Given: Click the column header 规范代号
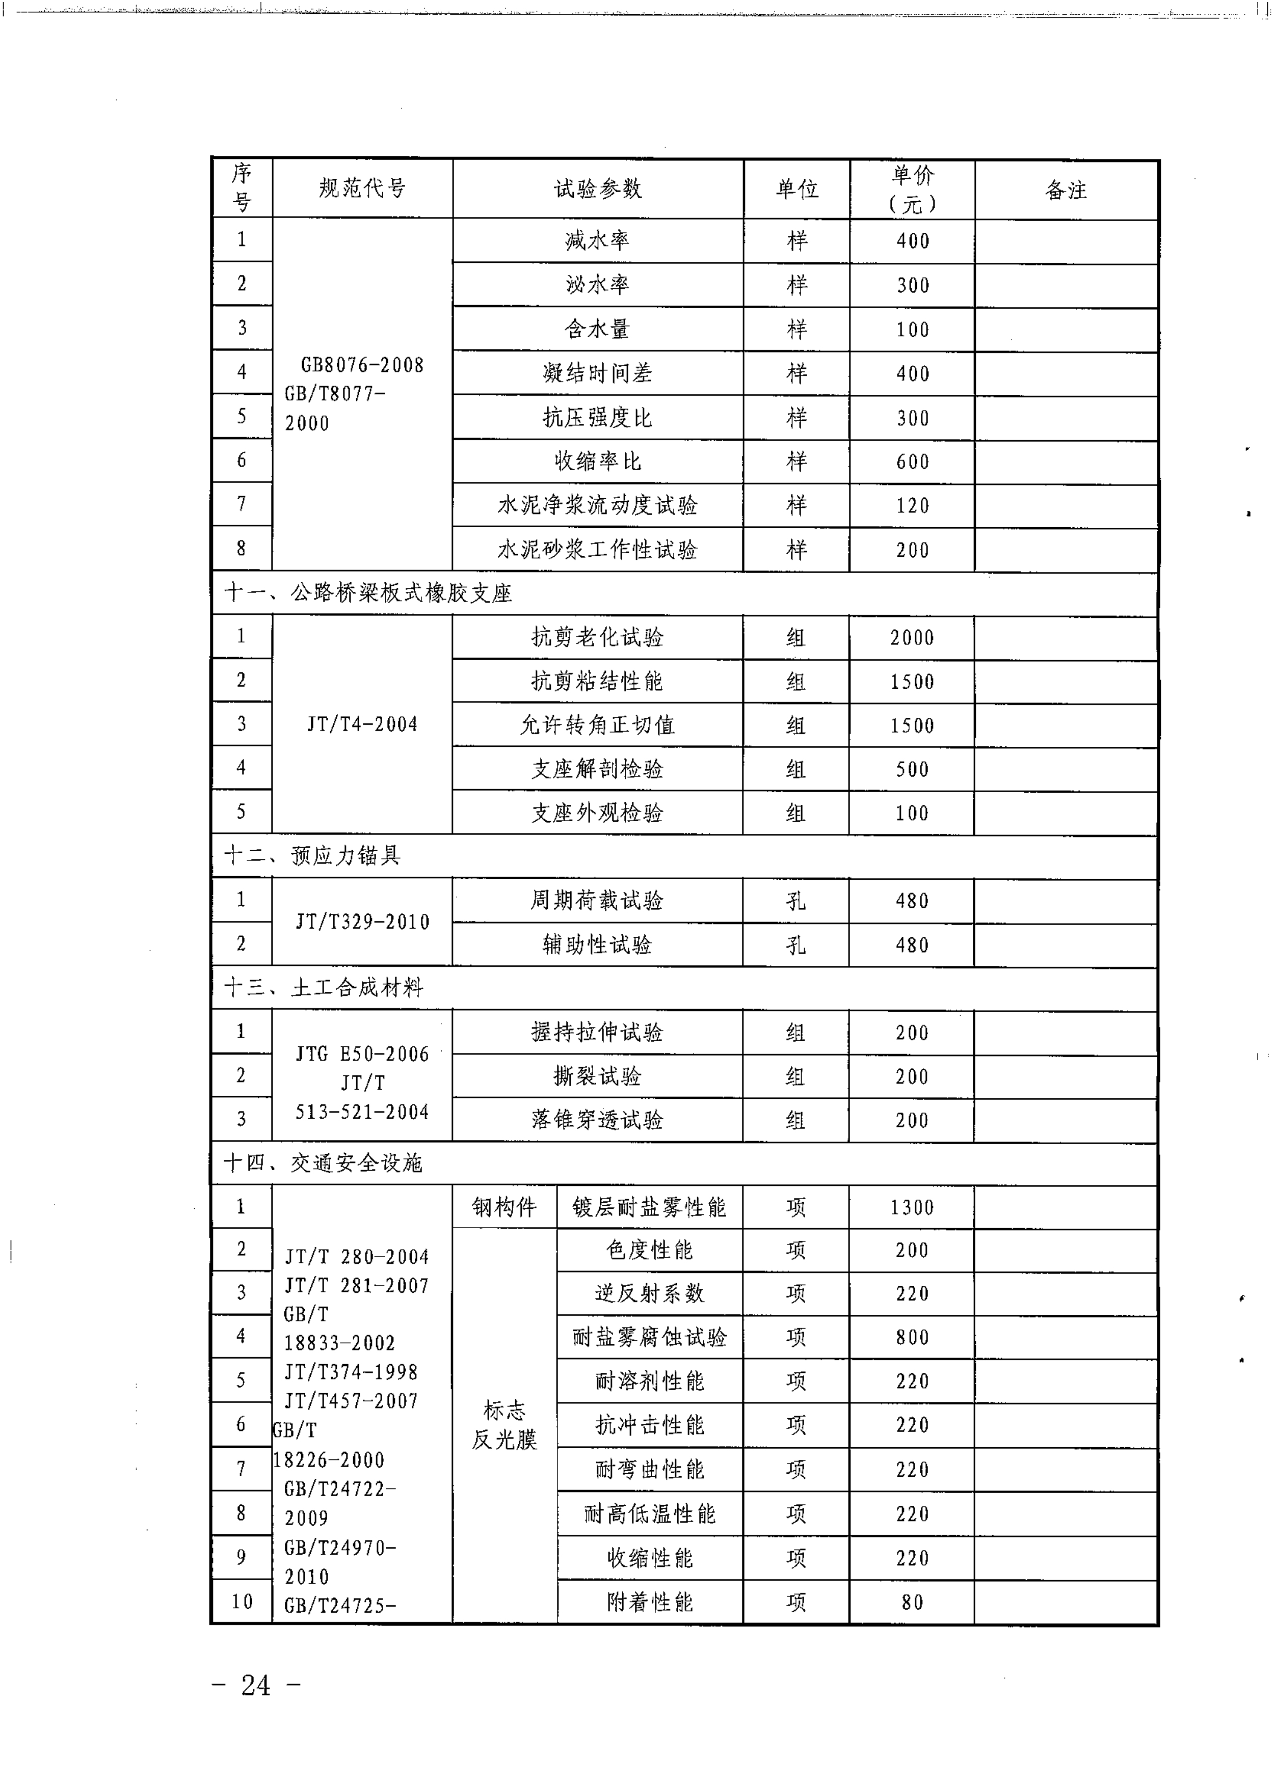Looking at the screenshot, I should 362,189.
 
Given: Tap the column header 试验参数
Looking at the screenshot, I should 598,189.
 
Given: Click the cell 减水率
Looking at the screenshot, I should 598,241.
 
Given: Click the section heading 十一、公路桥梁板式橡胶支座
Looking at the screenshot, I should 368,593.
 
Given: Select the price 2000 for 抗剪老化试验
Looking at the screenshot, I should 912,637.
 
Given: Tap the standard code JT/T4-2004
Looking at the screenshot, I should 362,724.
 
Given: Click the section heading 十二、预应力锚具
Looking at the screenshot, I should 312,855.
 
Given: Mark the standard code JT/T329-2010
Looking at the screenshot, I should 362,922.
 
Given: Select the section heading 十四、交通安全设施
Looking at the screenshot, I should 323,1163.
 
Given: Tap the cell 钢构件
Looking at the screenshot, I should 505,1207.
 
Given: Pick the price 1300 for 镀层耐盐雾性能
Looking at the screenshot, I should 912,1207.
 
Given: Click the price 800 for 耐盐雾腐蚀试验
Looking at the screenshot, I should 912,1337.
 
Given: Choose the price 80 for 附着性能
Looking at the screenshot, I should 912,1602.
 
